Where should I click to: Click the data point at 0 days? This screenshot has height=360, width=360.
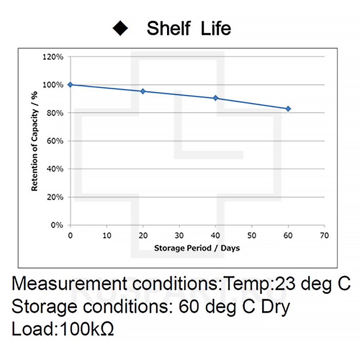pyautogui.click(x=70, y=85)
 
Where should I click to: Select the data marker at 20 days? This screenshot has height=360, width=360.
pyautogui.click(x=143, y=91)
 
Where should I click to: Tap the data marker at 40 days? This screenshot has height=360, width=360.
pyautogui.click(x=216, y=98)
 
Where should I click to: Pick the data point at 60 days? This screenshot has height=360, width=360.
pyautogui.click(x=288, y=109)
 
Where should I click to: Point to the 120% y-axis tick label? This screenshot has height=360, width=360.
pyautogui.click(x=53, y=57)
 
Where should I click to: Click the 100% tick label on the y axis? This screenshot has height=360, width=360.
pyautogui.click(x=53, y=85)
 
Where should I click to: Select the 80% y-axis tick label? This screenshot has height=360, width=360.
pyautogui.click(x=55, y=113)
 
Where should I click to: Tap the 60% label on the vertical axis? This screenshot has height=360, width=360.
pyautogui.click(x=55, y=141)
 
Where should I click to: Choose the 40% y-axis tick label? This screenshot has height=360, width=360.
pyautogui.click(x=55, y=169)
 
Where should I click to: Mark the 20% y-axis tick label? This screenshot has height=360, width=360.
pyautogui.click(x=55, y=197)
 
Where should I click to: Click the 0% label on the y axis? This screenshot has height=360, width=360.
pyautogui.click(x=57, y=225)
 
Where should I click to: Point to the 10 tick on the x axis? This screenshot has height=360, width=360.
pyautogui.click(x=107, y=236)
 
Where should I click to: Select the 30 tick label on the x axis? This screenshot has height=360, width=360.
pyautogui.click(x=179, y=236)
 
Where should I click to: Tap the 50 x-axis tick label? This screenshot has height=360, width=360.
pyautogui.click(x=252, y=236)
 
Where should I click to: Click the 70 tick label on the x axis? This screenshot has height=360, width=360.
pyautogui.click(x=324, y=236)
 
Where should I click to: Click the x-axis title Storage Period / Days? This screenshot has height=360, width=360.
pyautogui.click(x=197, y=248)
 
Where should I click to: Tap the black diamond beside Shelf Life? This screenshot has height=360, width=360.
pyautogui.click(x=120, y=28)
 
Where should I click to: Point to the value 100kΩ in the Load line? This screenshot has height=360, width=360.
pyautogui.click(x=87, y=329)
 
